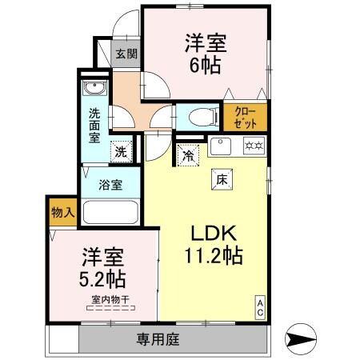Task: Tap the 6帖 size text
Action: point(205,65)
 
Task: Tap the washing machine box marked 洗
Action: point(120,150)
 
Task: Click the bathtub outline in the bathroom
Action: point(111,214)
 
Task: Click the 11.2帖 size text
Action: point(210,257)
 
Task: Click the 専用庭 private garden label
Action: point(157,339)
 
